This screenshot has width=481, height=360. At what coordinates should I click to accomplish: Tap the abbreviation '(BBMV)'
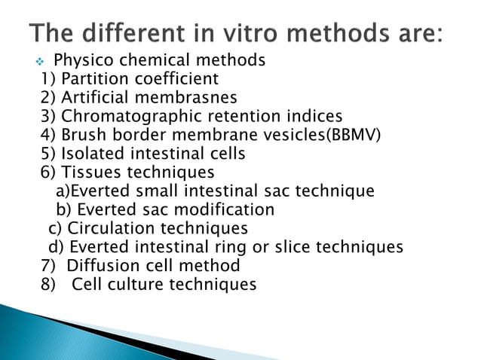354,135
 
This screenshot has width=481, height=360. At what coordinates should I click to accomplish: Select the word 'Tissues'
91,172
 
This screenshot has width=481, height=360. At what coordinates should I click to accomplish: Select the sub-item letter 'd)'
57,247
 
